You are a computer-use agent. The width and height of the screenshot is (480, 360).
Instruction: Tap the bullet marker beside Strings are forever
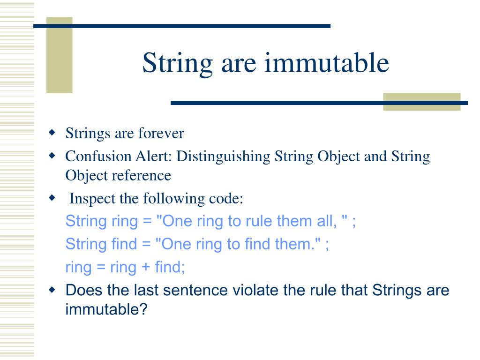(52, 133)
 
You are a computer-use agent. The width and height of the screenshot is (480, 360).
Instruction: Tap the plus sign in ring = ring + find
(144, 267)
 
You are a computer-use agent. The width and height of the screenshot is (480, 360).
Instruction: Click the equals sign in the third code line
(101, 267)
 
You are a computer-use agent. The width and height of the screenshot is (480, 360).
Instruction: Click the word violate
(255, 290)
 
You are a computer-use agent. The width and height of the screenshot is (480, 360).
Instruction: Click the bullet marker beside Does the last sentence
(52, 290)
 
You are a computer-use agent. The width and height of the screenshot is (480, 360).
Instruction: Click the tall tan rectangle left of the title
(59, 55)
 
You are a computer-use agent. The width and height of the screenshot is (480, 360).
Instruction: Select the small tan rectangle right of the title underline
(421, 102)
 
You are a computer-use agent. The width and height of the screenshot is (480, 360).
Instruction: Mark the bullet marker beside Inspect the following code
(52, 198)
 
